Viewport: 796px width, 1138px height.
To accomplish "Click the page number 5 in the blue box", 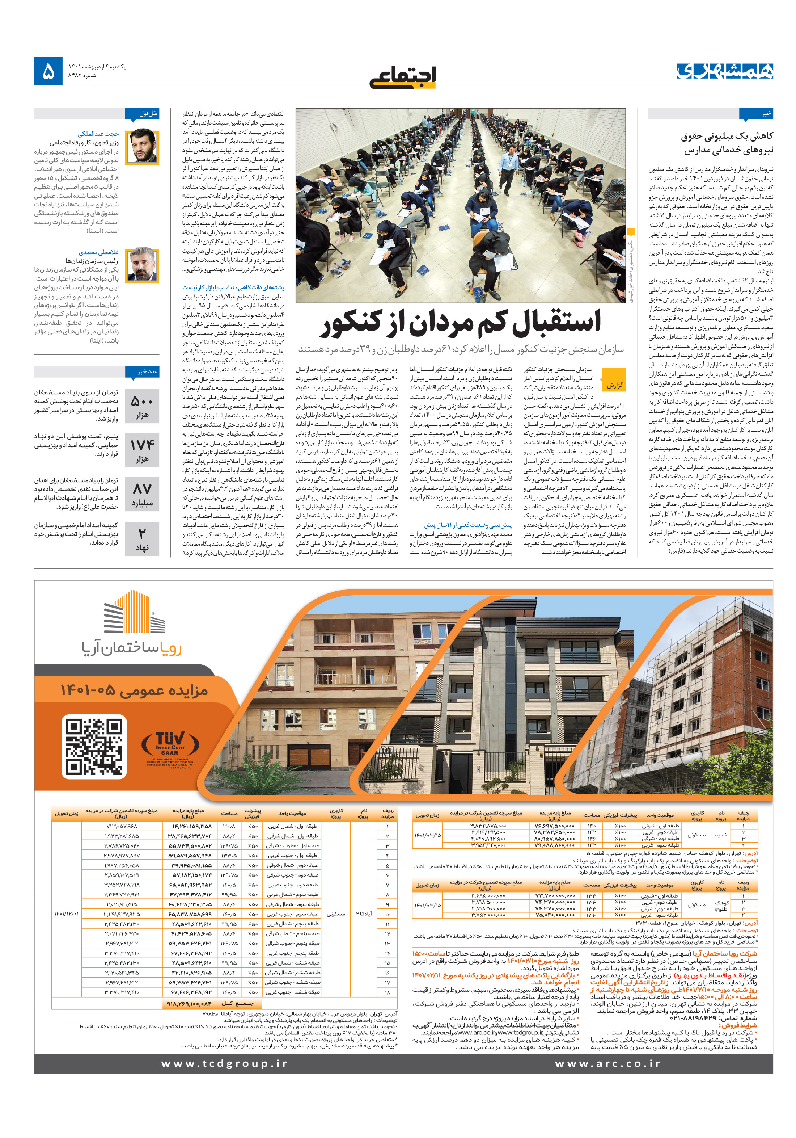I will pyautogui.click(x=48, y=71).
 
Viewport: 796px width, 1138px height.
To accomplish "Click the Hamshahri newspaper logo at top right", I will pyautogui.click(x=725, y=71).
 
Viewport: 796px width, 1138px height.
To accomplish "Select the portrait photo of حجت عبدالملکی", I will pyautogui.click(x=142, y=147).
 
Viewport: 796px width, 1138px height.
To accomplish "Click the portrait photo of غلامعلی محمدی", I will pyautogui.click(x=142, y=265).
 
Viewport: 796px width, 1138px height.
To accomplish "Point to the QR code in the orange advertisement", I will pyautogui.click(x=94, y=747).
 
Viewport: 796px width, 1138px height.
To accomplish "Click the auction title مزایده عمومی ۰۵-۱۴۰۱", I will pyautogui.click(x=134, y=690).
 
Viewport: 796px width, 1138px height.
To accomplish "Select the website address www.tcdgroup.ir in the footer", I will pyautogui.click(x=224, y=1064).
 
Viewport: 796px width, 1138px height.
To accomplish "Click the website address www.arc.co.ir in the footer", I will pyautogui.click(x=607, y=1064).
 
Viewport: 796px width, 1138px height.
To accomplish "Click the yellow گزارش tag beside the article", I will pyautogui.click(x=614, y=385).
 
